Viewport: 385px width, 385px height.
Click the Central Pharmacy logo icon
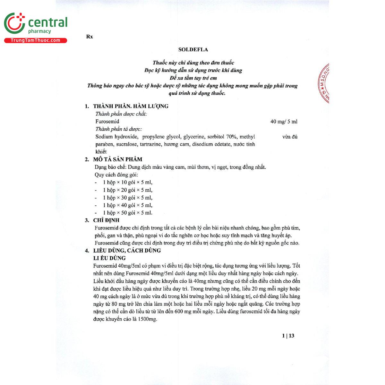(x=14, y=23)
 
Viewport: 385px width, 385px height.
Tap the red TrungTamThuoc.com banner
(x=35, y=40)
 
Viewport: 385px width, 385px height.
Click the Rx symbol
(x=90, y=37)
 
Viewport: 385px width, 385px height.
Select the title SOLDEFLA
(x=193, y=49)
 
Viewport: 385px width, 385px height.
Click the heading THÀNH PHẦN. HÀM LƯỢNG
(x=131, y=106)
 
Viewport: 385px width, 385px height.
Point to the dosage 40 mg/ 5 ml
(x=284, y=122)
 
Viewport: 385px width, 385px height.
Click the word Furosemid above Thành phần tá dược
(x=107, y=122)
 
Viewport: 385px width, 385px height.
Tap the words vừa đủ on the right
(x=290, y=137)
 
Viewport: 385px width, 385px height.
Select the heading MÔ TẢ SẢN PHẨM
(x=117, y=159)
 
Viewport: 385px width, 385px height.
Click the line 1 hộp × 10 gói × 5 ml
(x=127, y=183)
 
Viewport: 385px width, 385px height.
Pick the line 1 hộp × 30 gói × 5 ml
(x=127, y=198)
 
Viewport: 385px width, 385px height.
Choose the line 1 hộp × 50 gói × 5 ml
(x=127, y=213)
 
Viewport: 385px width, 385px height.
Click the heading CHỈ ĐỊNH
(x=106, y=220)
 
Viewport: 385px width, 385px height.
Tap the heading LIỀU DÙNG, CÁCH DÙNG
(x=127, y=251)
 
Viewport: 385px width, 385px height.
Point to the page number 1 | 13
(x=288, y=336)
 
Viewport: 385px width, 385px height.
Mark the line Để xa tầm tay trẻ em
(x=193, y=78)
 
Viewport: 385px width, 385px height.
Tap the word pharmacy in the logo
(x=39, y=31)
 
